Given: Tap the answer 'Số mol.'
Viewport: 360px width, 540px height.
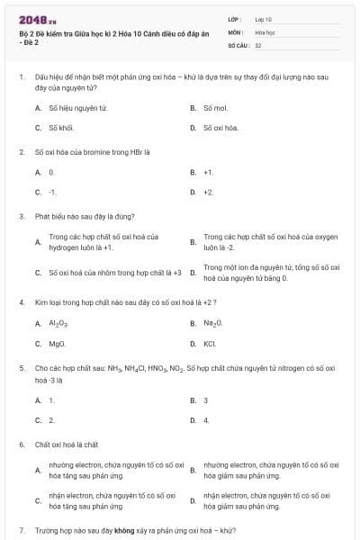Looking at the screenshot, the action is coord(215,108).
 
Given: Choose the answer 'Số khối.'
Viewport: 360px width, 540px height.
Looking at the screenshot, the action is coord(60,128).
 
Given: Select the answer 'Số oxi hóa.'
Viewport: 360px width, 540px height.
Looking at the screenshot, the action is coord(220,128).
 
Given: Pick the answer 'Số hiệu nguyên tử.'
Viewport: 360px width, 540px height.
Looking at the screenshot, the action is coord(71,108).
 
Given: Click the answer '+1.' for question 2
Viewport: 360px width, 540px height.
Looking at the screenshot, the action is coord(208,172).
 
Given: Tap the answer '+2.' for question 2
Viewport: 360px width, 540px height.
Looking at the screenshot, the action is coord(208,192).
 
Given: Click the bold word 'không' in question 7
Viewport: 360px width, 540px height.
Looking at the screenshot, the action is coord(124,531).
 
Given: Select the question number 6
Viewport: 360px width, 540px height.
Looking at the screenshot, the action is coord(22,445).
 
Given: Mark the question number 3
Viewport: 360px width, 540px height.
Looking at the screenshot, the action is coord(22,216).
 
